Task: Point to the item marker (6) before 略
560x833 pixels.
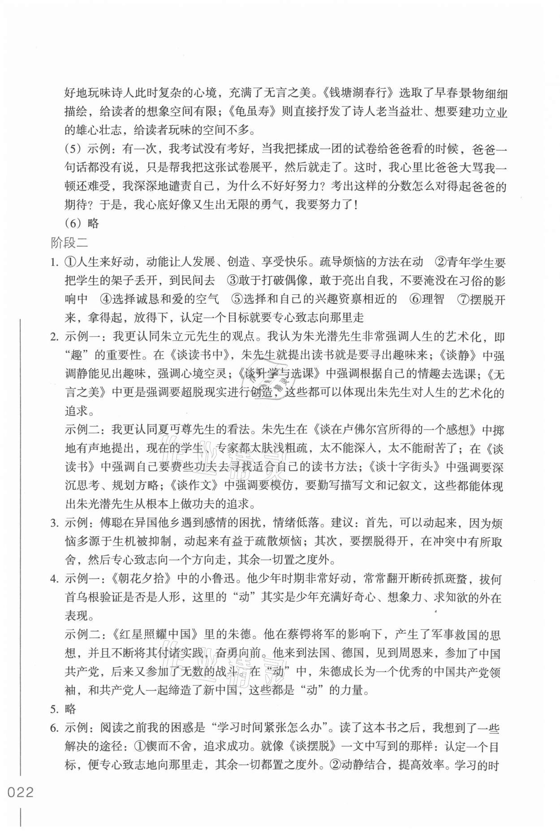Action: (74, 223)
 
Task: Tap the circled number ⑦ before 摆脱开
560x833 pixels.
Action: (463, 299)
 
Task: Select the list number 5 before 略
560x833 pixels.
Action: (54, 709)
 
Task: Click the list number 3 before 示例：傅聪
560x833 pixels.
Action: (54, 523)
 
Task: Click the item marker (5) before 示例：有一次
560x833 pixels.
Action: (74, 149)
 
